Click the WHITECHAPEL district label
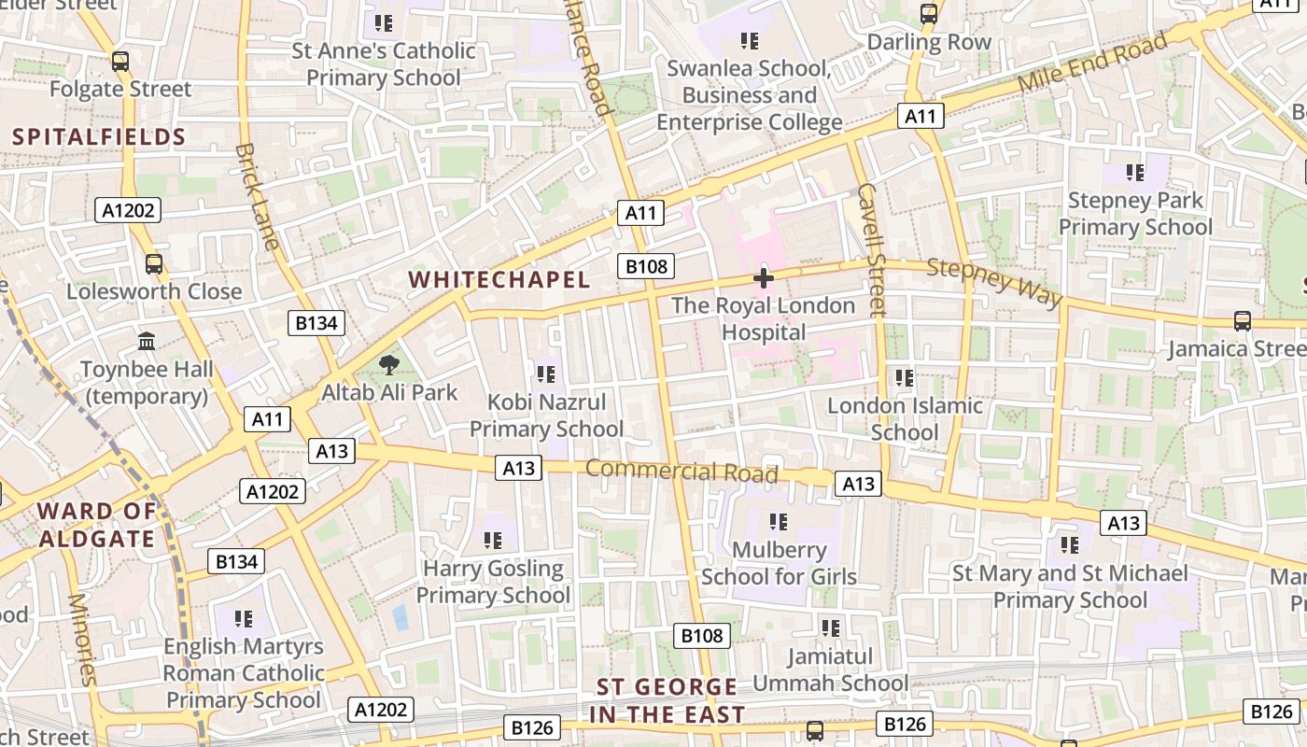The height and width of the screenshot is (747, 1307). (499, 279)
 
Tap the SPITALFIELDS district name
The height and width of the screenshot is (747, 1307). (100, 137)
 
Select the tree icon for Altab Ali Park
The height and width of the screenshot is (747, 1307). (389, 365)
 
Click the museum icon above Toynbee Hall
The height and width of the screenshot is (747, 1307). (147, 342)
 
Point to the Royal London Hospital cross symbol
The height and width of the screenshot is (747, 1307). (764, 277)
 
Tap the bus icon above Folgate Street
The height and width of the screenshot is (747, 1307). (120, 62)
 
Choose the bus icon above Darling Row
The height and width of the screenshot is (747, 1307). (929, 14)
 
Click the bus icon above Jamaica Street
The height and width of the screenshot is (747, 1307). (1243, 321)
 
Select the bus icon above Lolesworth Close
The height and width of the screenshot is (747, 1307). (154, 264)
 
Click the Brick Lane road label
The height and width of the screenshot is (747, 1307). (257, 196)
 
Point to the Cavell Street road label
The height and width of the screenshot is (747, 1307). (870, 249)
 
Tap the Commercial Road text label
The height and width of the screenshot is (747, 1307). (682, 472)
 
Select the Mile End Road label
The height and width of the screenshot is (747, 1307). (1092, 62)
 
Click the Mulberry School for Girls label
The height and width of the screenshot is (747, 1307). (779, 563)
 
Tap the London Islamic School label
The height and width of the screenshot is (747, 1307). (905, 419)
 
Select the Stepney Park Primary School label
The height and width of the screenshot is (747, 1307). (1135, 214)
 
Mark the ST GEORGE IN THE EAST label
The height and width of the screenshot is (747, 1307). (668, 701)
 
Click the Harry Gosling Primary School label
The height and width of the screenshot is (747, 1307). (493, 582)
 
